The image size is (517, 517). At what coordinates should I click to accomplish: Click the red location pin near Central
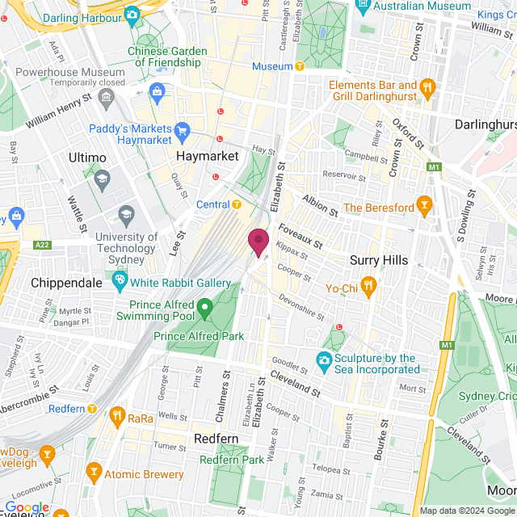[258, 242]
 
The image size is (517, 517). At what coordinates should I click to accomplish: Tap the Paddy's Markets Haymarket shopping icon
[182, 130]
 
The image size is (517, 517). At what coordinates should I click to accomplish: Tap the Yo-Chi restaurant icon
[368, 284]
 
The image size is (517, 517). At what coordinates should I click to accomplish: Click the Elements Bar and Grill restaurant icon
[428, 86]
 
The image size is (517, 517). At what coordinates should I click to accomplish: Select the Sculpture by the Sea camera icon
[324, 359]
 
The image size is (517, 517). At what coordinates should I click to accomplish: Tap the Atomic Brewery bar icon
[94, 470]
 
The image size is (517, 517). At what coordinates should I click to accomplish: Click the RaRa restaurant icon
[117, 416]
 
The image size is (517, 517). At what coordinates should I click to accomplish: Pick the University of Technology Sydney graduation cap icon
[126, 214]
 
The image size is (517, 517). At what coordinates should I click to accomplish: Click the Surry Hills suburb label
[379, 260]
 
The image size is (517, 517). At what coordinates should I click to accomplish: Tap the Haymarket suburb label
[208, 154]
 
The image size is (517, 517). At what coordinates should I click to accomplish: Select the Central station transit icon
[237, 204]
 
